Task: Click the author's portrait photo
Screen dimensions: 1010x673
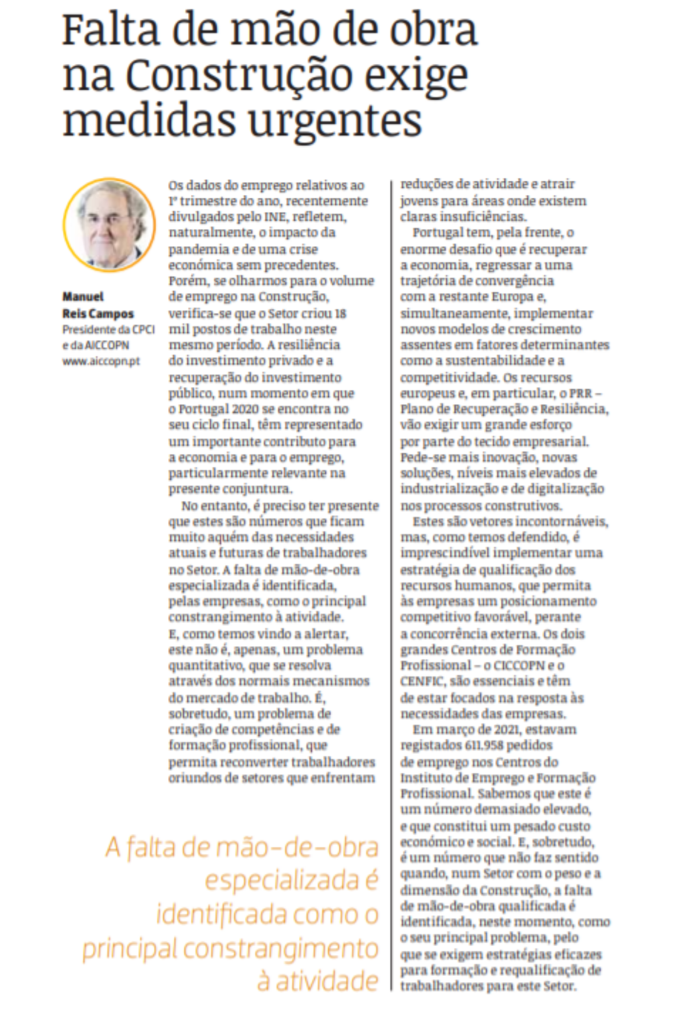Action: click(x=109, y=223)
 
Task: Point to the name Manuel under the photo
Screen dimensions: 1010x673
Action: click(x=83, y=296)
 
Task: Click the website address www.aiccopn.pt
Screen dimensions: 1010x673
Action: click(x=101, y=361)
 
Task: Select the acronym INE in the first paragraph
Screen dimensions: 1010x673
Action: click(x=275, y=217)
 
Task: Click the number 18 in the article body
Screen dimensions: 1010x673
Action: click(x=340, y=313)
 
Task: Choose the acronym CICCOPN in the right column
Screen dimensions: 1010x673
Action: click(x=519, y=665)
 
